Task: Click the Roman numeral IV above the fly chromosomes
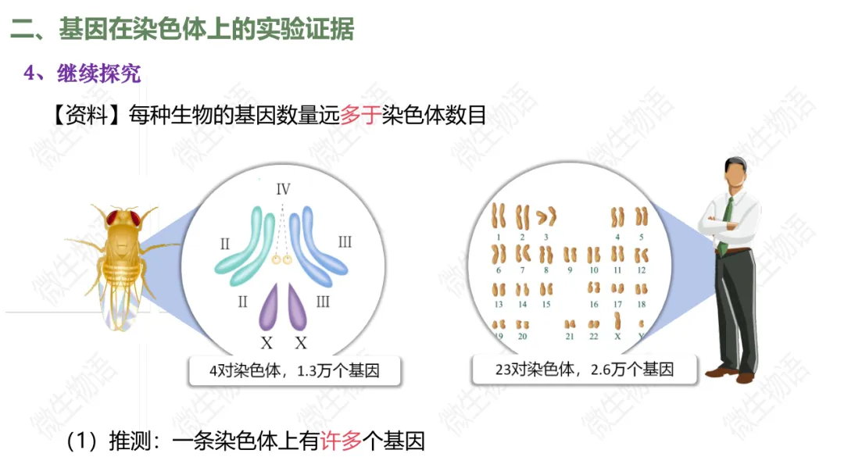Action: pos(283,189)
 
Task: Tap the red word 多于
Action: pos(360,116)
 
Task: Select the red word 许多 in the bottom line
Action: pos(342,442)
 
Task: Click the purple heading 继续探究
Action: pos(98,74)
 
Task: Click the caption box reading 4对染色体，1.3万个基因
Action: pos(295,370)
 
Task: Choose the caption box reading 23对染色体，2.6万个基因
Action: pos(584,369)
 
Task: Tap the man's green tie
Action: pos(727,223)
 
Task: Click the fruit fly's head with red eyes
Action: pos(124,218)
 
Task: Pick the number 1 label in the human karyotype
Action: pos(498,236)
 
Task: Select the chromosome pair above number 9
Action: pos(570,255)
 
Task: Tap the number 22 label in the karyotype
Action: pos(594,336)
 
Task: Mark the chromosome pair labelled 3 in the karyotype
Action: pos(546,216)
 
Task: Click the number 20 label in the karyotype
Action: pos(522,336)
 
